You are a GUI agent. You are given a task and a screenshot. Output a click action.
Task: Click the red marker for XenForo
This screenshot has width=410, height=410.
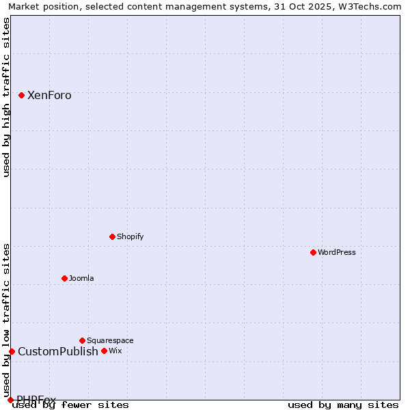(21, 95)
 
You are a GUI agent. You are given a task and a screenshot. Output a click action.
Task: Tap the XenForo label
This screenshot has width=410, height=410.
(49, 96)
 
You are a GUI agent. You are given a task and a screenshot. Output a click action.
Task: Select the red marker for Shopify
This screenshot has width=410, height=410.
(112, 236)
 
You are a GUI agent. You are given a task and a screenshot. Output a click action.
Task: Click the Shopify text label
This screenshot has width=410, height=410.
(130, 236)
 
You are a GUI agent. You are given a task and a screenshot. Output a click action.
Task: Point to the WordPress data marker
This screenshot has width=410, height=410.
(313, 252)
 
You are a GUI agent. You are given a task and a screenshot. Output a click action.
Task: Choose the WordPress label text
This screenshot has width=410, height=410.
(337, 252)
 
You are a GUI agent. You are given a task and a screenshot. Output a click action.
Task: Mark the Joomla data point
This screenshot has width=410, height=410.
(64, 278)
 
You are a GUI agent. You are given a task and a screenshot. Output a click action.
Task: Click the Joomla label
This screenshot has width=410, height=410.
(81, 278)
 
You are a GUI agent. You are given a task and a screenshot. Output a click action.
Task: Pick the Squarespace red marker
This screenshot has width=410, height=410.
(82, 340)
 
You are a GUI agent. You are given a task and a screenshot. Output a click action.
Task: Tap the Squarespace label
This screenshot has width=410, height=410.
(110, 340)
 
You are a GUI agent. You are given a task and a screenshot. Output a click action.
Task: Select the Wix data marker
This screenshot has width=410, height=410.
(104, 351)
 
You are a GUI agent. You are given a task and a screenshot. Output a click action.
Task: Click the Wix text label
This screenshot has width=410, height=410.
(115, 351)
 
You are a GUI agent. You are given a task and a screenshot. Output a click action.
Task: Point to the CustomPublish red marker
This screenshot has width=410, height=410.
(12, 351)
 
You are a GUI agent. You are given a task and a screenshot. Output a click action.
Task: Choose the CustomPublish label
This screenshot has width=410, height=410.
(58, 352)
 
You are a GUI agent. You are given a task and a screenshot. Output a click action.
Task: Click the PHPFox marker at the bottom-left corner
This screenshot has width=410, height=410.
(10, 400)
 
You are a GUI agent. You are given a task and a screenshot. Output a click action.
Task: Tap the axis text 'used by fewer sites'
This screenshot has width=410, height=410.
(70, 405)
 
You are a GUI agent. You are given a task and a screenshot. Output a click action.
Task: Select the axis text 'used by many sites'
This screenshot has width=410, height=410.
(343, 405)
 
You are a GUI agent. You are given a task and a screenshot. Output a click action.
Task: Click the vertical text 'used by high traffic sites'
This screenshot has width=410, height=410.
(6, 97)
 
